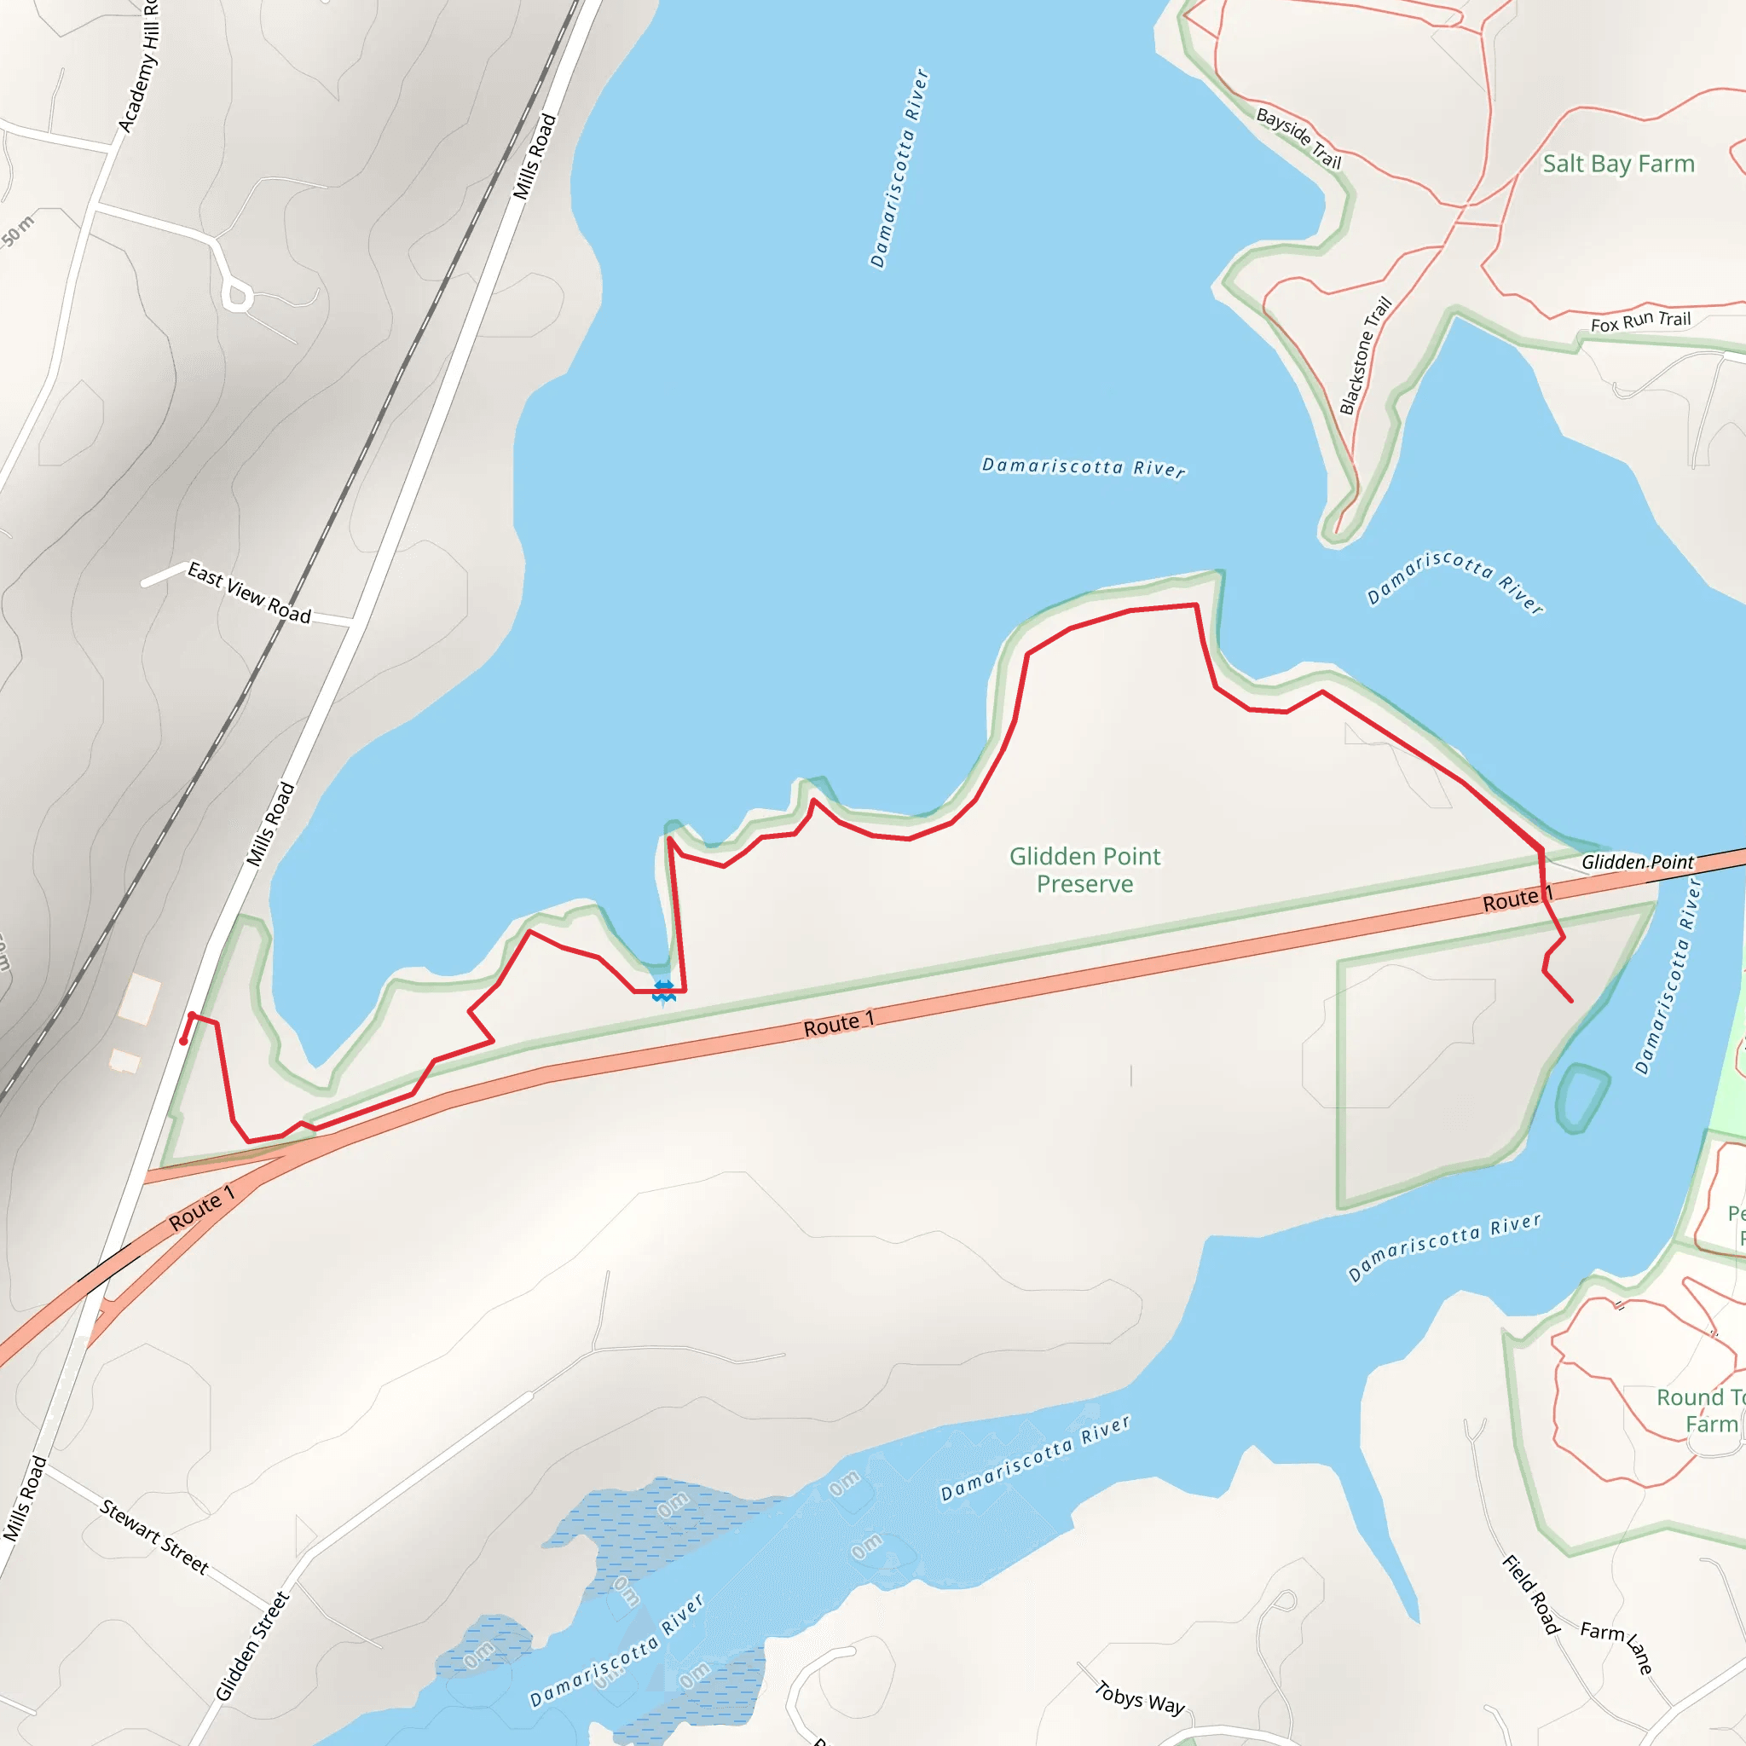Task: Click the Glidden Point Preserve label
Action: click(x=1084, y=870)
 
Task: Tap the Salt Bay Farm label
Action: click(x=1617, y=164)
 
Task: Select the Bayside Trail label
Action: click(x=1298, y=138)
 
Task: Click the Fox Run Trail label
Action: click(x=1640, y=321)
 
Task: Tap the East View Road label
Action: click(x=249, y=593)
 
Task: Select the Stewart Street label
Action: click(x=153, y=1536)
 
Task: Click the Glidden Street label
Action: click(x=252, y=1646)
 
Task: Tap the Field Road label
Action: click(x=1531, y=1595)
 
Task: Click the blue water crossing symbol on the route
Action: click(x=663, y=991)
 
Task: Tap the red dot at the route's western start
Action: click(x=183, y=1041)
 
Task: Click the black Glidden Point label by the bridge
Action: click(x=1637, y=862)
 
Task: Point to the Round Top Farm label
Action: click(x=1699, y=1411)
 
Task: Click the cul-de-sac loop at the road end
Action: click(x=237, y=295)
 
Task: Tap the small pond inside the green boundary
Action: click(x=1581, y=1097)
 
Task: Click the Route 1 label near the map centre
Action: click(x=839, y=1023)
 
